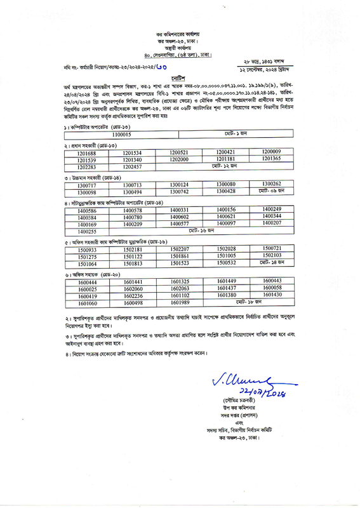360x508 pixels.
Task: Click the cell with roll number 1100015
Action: click(x=121, y=135)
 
